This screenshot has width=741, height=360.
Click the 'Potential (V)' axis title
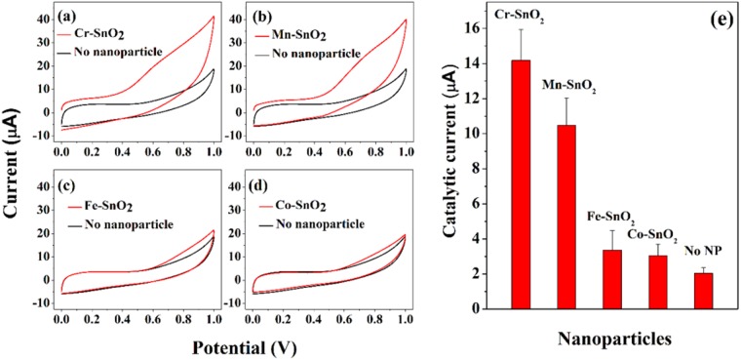pos(229,346)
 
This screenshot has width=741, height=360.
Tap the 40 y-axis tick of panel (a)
pos(41,20)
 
